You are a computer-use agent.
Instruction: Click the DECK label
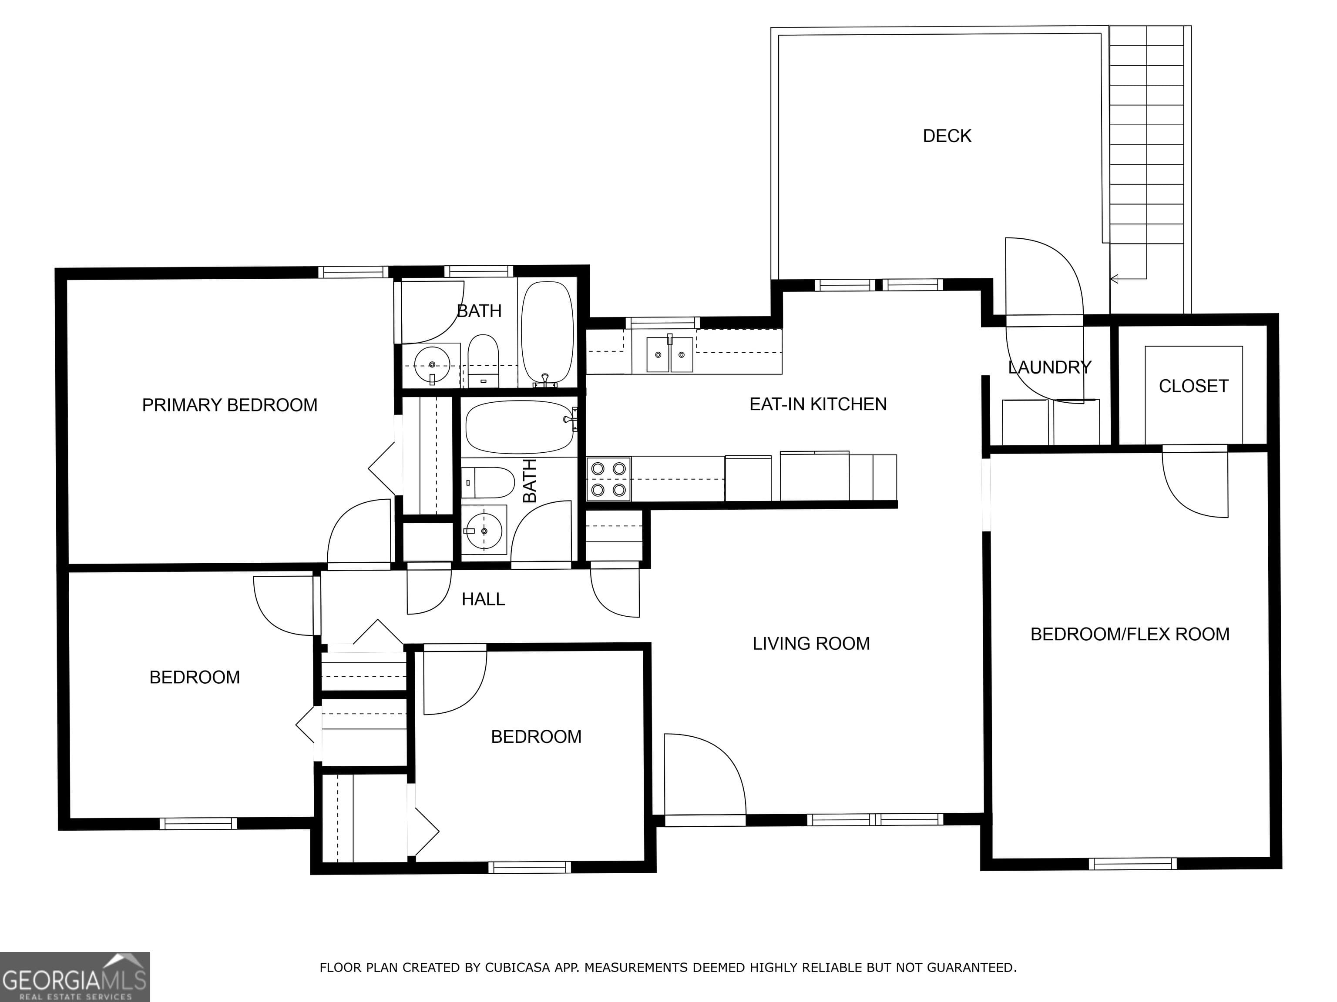click(x=947, y=136)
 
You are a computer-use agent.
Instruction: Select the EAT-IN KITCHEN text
click(x=818, y=404)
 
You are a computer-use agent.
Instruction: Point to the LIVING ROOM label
click(x=811, y=643)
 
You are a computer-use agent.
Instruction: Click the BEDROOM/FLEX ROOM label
click(x=1130, y=634)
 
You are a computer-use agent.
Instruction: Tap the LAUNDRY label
click(x=1050, y=367)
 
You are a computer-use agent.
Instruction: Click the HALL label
click(x=483, y=599)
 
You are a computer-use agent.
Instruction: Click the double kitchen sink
click(x=670, y=354)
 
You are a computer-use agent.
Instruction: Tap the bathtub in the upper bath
click(x=547, y=334)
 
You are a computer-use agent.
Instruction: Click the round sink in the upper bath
click(x=432, y=365)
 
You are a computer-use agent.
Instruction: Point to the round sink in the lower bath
click(x=484, y=531)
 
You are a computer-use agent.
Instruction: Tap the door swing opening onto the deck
click(x=1043, y=278)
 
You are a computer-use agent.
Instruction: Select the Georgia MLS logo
click(x=75, y=977)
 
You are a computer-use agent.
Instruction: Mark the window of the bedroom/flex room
click(x=1133, y=864)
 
